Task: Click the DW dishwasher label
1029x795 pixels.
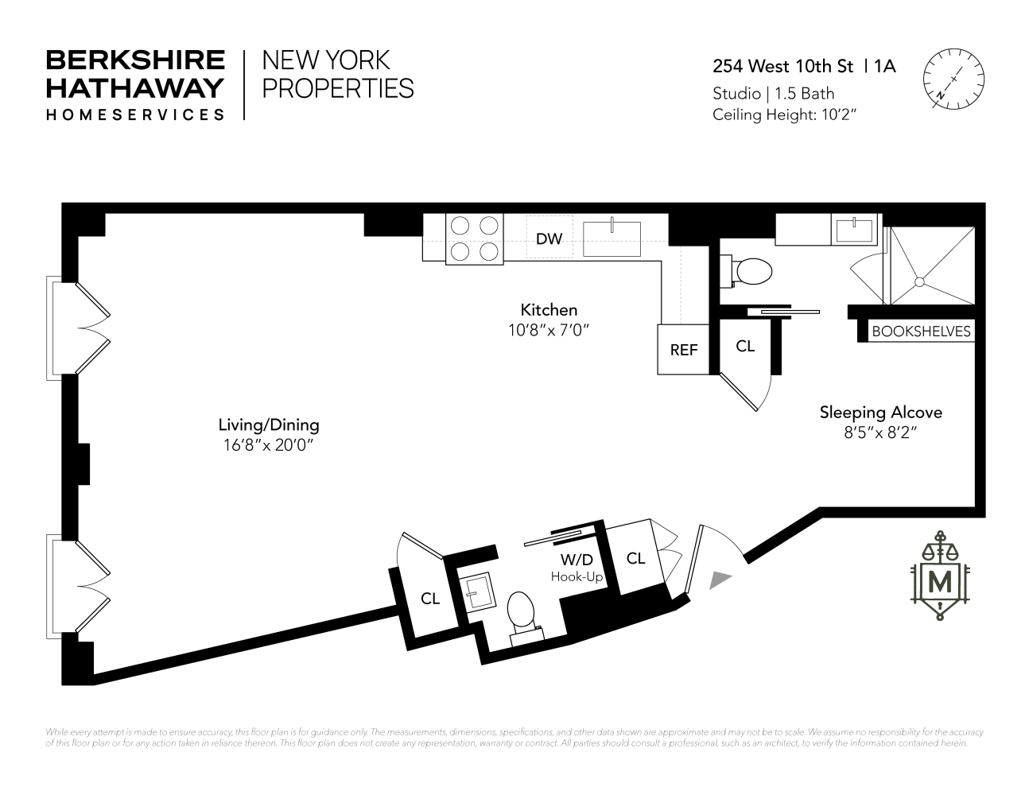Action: (549, 238)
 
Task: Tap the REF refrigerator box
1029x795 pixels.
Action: (683, 349)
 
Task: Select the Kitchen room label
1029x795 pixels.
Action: (549, 310)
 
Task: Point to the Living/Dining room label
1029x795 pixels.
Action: (269, 425)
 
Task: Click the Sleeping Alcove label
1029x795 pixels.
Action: (881, 413)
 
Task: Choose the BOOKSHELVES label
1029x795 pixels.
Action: (922, 332)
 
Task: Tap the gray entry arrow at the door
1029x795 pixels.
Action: (720, 580)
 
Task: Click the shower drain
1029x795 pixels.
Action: (919, 281)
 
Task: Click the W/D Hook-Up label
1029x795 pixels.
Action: (577, 568)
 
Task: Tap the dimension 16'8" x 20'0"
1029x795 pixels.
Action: (269, 446)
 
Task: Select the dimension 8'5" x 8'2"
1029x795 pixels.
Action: (881, 434)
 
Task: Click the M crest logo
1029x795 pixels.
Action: (942, 580)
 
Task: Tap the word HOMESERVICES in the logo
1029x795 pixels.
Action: (135, 114)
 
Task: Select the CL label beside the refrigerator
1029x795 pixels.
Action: (745, 347)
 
